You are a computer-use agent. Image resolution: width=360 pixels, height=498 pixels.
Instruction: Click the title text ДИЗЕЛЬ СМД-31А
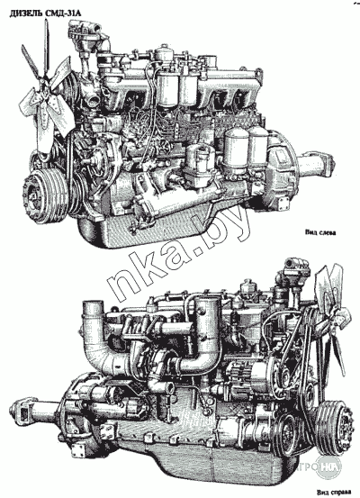click(46, 14)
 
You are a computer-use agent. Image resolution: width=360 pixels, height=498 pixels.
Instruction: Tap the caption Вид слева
click(320, 232)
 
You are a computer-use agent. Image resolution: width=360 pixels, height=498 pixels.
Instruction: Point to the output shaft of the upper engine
click(315, 163)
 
